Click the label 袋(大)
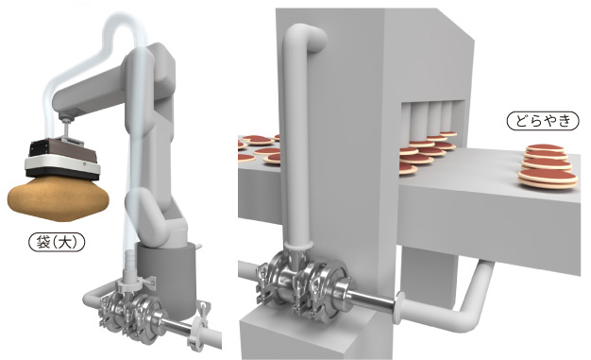(57, 242)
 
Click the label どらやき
(543, 121)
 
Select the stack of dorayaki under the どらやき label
(548, 166)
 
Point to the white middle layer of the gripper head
(62, 163)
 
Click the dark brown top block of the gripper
(62, 150)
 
